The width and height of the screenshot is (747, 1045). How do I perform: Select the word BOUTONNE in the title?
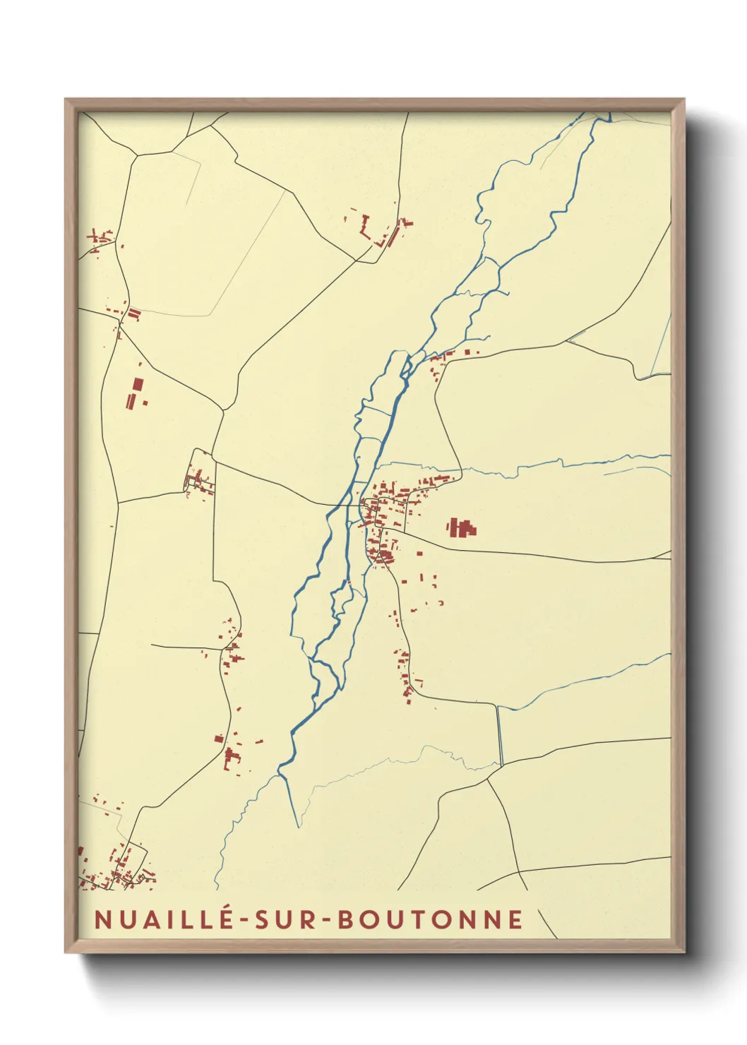[430, 919]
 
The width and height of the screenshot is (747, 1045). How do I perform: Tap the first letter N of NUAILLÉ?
[102, 919]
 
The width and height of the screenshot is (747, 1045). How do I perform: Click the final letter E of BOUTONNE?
[516, 919]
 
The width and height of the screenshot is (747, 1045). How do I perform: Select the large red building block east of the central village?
[461, 527]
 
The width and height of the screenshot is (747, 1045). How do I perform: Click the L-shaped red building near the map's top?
[365, 227]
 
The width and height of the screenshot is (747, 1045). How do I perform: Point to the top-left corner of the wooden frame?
[66, 100]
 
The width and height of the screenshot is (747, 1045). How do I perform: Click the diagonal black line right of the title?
[547, 924]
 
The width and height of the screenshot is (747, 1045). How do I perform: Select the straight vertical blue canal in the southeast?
[500, 734]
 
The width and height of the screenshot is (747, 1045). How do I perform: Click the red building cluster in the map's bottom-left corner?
[113, 868]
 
